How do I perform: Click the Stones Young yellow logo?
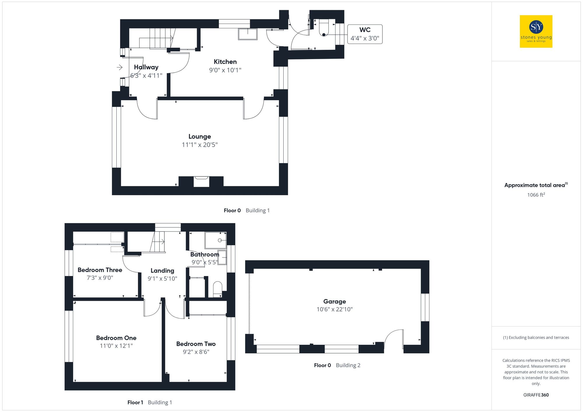point(536,31)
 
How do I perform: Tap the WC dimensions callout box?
point(365,34)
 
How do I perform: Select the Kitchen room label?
point(225,62)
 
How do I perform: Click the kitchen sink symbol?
point(248,34)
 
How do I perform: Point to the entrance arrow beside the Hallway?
point(120,68)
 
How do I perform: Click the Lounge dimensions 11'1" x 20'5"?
point(200,145)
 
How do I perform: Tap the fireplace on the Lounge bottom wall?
point(201,181)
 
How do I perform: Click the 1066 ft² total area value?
point(536,195)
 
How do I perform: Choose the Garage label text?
point(334,301)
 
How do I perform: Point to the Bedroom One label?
point(116,338)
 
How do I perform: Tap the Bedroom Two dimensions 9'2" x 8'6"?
point(196,352)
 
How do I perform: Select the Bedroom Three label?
point(100,270)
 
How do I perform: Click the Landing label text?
point(162,271)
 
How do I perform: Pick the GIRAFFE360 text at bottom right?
point(536,395)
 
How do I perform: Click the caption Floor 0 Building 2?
point(337,365)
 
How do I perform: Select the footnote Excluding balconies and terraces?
point(536,337)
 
